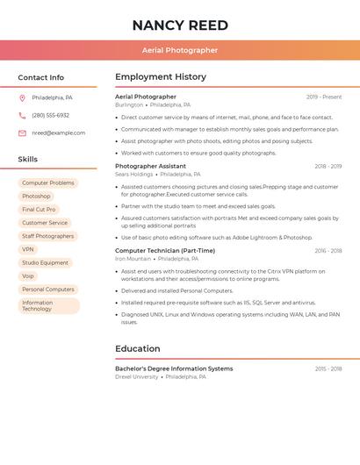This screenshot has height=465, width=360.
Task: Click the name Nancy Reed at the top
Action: [x=180, y=25]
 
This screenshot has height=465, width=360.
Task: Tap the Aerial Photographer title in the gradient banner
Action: [x=180, y=50]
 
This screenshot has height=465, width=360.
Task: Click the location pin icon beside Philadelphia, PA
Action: [x=22, y=97]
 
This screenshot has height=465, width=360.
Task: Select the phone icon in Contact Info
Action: [x=22, y=115]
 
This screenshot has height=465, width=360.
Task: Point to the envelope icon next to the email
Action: [x=22, y=133]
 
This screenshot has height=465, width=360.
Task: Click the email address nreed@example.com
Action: [x=59, y=133]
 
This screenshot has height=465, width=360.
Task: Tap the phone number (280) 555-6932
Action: [x=51, y=115]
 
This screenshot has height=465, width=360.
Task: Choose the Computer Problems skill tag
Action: [x=48, y=183]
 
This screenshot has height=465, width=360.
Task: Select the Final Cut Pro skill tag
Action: [x=39, y=210]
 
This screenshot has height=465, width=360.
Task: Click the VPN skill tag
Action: [x=28, y=249]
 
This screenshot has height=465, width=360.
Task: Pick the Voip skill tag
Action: [x=28, y=275]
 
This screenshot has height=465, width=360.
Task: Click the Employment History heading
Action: [x=161, y=77]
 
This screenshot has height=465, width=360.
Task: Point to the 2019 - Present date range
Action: [x=324, y=97]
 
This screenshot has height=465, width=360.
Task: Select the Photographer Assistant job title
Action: [x=150, y=166]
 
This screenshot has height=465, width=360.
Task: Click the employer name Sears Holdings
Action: [x=134, y=175]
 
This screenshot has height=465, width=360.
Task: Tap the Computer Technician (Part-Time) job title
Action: [x=165, y=251]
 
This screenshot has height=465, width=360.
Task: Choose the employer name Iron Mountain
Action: [x=133, y=259]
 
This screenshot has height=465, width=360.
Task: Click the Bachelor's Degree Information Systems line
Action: [x=174, y=368]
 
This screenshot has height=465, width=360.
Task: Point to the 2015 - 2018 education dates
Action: [x=328, y=368]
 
